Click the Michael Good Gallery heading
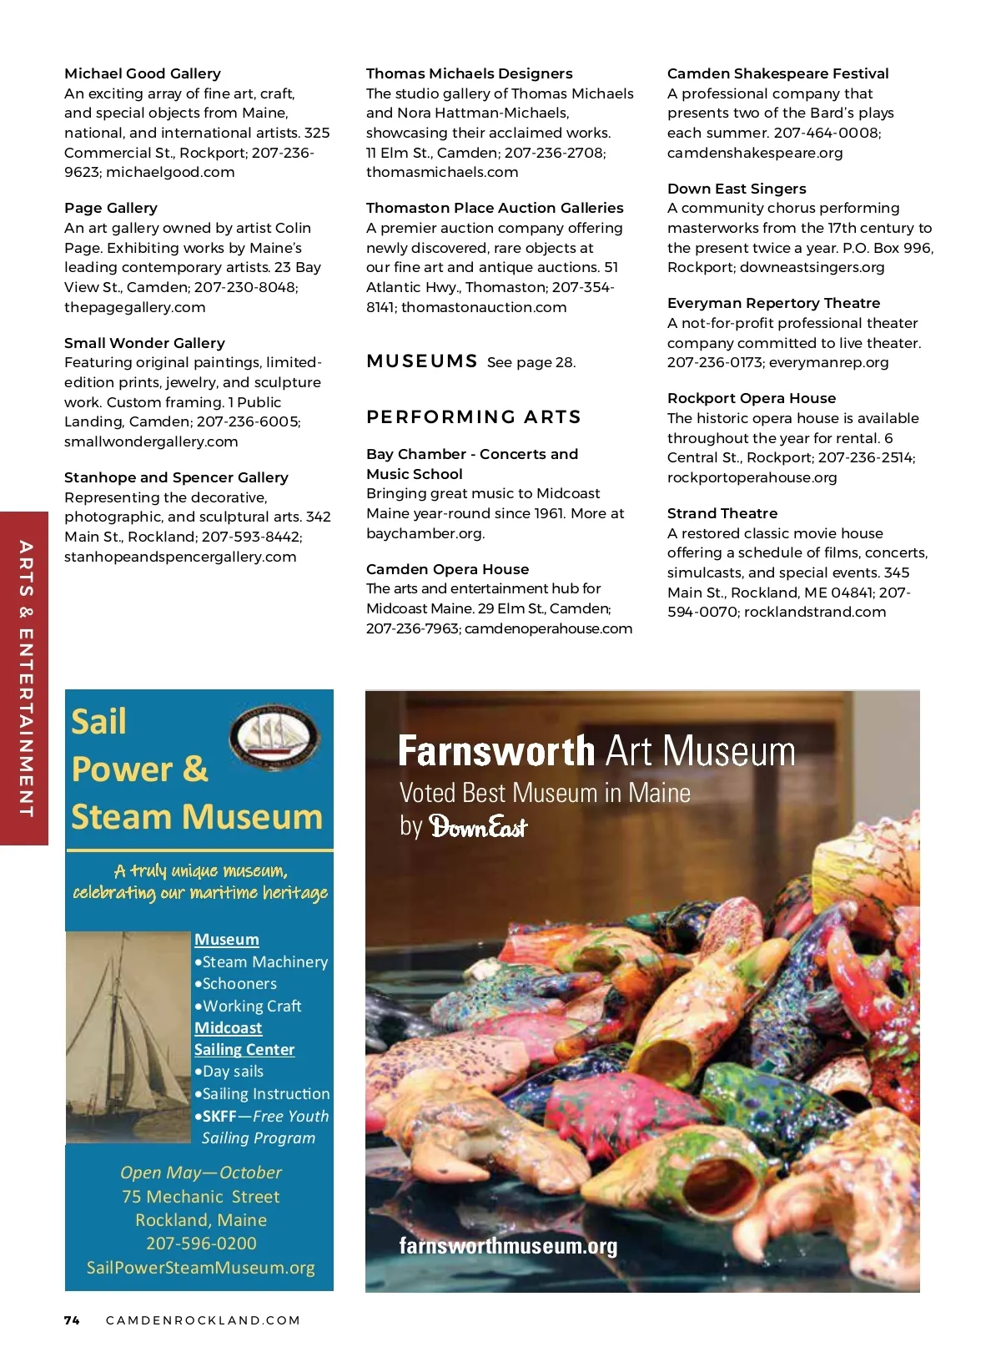point(143,73)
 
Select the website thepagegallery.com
point(134,307)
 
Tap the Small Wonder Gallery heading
point(144,343)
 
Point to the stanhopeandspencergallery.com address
point(180,557)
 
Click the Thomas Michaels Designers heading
point(469,73)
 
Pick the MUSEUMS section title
point(422,361)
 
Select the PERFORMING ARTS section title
point(474,416)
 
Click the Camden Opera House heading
point(447,569)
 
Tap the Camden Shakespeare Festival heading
point(777,73)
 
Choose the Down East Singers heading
point(737,189)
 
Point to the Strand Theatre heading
point(722,513)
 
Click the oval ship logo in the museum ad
point(274,737)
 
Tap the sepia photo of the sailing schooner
point(128,1037)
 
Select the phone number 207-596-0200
point(201,1243)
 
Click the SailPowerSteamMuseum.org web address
point(200,1268)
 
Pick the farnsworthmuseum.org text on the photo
point(508,1246)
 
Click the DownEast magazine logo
point(478,827)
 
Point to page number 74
point(72,1320)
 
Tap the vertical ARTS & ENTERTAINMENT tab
point(25,678)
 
